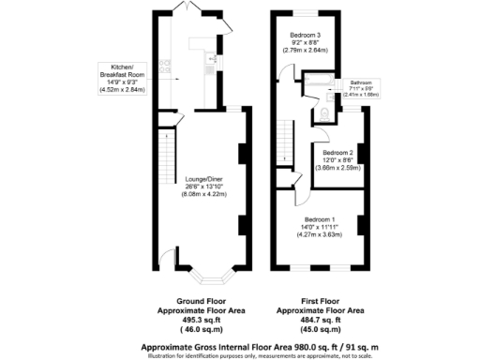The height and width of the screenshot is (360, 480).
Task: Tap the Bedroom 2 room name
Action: [337, 152]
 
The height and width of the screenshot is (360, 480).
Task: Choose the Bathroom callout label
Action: [362, 82]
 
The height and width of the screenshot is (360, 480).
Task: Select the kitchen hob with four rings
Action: [165, 66]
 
